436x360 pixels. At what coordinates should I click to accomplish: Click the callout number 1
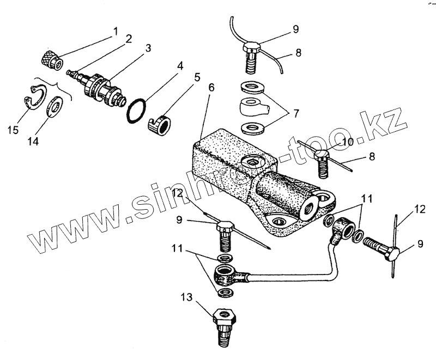[116, 32]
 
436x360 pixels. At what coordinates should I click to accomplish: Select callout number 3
[148, 48]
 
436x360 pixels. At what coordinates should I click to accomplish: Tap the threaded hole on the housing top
[252, 162]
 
